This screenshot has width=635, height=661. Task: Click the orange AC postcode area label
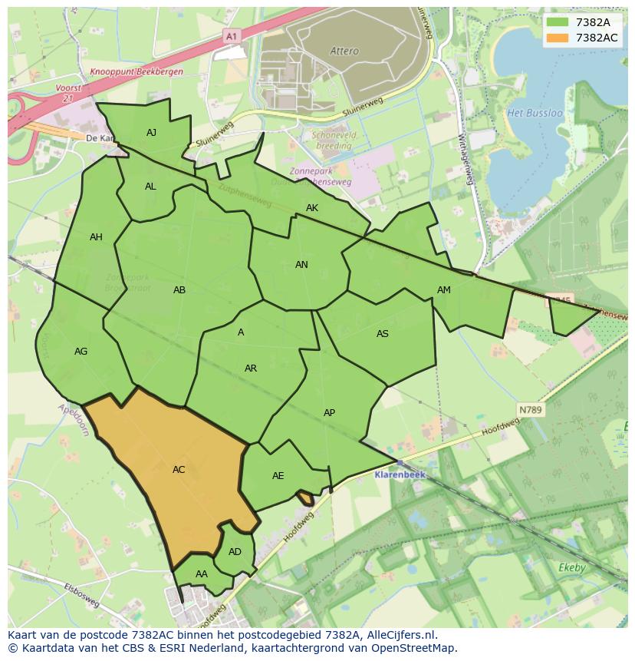(x=179, y=470)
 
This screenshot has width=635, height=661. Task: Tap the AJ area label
(x=151, y=133)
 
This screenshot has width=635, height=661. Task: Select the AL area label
(x=150, y=187)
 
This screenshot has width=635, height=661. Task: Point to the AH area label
(x=96, y=237)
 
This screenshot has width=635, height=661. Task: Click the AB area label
(x=179, y=290)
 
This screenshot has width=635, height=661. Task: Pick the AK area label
(x=312, y=208)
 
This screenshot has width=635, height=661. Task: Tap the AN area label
(x=301, y=265)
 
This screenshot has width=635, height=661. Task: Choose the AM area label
(x=444, y=290)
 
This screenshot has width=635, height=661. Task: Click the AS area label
(x=383, y=334)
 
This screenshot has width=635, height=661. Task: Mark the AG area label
(x=81, y=352)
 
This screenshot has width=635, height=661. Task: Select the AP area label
(x=329, y=413)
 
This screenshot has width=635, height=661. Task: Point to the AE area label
(x=278, y=476)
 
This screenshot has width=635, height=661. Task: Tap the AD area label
(x=235, y=552)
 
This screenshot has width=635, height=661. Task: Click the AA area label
(x=202, y=574)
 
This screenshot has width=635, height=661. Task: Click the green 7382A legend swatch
(x=558, y=22)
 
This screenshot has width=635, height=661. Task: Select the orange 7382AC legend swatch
(x=558, y=38)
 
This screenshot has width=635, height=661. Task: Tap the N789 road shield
(x=529, y=410)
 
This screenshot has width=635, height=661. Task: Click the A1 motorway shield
(x=231, y=36)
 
